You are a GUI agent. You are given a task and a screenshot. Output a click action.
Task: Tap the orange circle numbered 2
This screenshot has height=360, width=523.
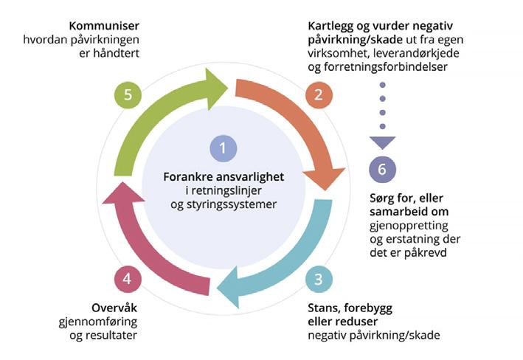point(319,94)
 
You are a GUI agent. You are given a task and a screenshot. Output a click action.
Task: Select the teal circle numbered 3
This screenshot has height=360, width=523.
point(319,280)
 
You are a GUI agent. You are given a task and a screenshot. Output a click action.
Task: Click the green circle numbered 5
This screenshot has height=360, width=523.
point(128,94)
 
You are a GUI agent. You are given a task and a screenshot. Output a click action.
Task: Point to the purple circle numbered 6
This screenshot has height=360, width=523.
point(381,169)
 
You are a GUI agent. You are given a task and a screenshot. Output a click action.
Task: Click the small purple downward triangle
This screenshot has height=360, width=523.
point(382,142)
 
